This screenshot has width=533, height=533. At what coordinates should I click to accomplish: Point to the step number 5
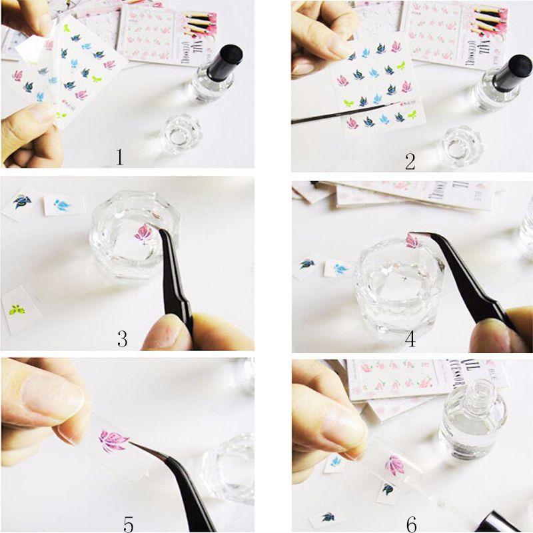point(129,522)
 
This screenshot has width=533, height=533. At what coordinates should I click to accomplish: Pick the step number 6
point(412,522)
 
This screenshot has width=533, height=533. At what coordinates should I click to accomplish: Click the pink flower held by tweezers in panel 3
point(143,233)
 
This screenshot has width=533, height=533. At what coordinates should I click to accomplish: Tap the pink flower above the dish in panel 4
point(413,241)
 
